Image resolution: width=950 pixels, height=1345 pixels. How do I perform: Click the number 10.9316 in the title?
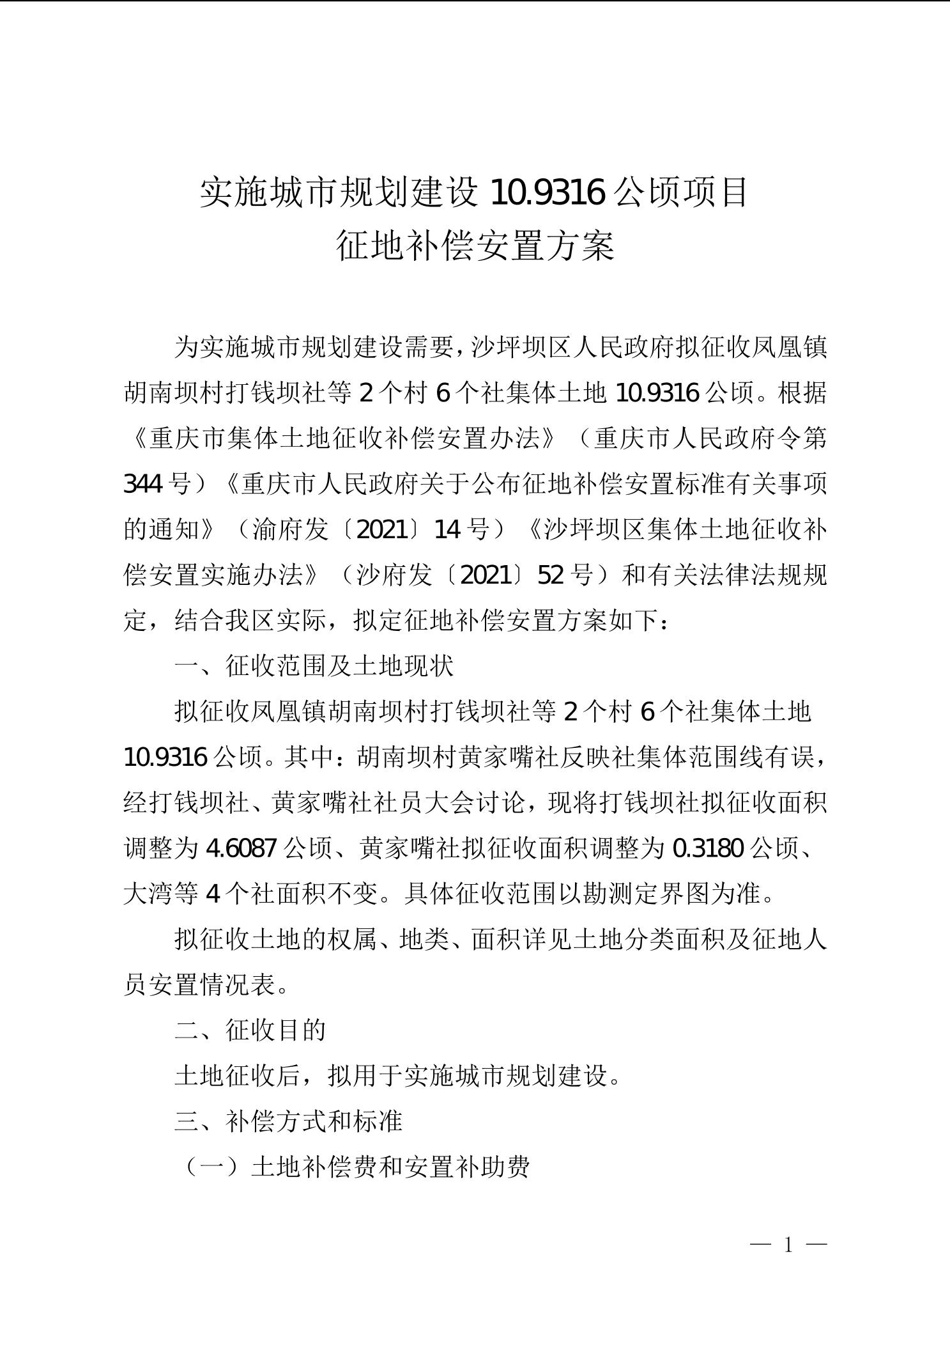(x=548, y=192)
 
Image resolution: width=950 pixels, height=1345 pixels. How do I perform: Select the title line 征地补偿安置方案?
(x=475, y=246)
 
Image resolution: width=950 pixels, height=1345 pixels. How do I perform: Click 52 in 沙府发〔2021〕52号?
(x=551, y=575)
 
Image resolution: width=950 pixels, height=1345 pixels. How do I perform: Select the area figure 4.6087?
(x=241, y=848)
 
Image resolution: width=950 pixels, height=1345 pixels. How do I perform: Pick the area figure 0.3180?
(x=708, y=848)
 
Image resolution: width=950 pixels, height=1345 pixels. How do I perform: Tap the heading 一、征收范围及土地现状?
(x=314, y=666)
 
